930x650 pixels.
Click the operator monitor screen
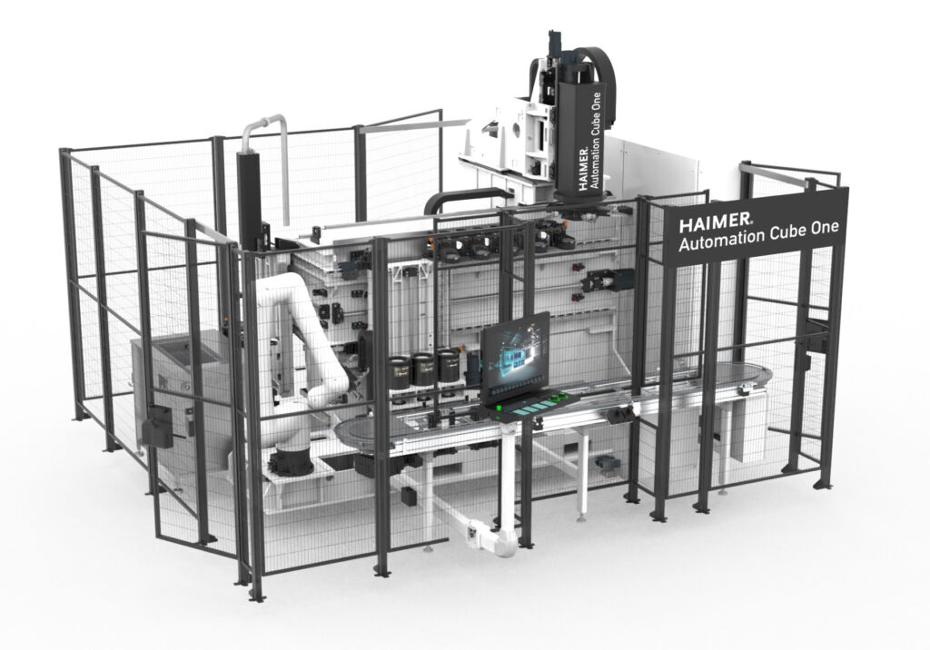(x=516, y=355)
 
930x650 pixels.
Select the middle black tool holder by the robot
(x=423, y=368)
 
